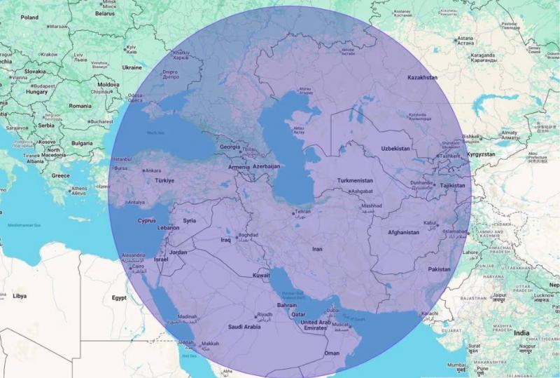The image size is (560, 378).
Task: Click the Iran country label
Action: pos(317,249)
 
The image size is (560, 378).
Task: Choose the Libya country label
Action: pos(20,296)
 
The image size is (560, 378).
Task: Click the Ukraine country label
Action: pos(132,68)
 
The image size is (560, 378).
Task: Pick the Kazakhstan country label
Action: pos(422,77)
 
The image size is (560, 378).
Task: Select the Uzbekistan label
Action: pos(395,149)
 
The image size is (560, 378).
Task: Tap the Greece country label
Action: pos(61,175)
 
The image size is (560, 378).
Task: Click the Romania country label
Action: pos(80,106)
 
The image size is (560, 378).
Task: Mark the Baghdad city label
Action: pos(248,235)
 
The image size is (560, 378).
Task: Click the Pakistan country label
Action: pos(439,269)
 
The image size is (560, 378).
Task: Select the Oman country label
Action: pos(332,353)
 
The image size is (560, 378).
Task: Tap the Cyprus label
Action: pos(146,220)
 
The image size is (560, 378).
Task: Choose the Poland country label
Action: pos(29,18)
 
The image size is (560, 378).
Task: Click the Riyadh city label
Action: pos(265,314)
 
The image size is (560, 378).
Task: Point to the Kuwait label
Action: pos(262,276)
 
